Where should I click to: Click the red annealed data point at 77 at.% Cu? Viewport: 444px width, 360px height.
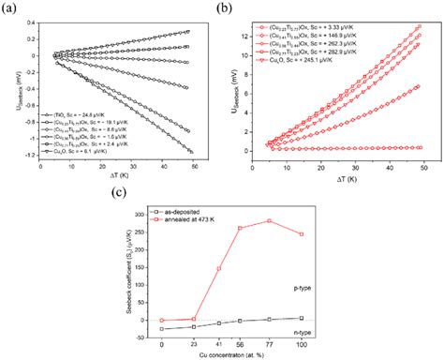click(x=268, y=221)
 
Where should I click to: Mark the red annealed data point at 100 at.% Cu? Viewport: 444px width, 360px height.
click(x=299, y=233)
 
